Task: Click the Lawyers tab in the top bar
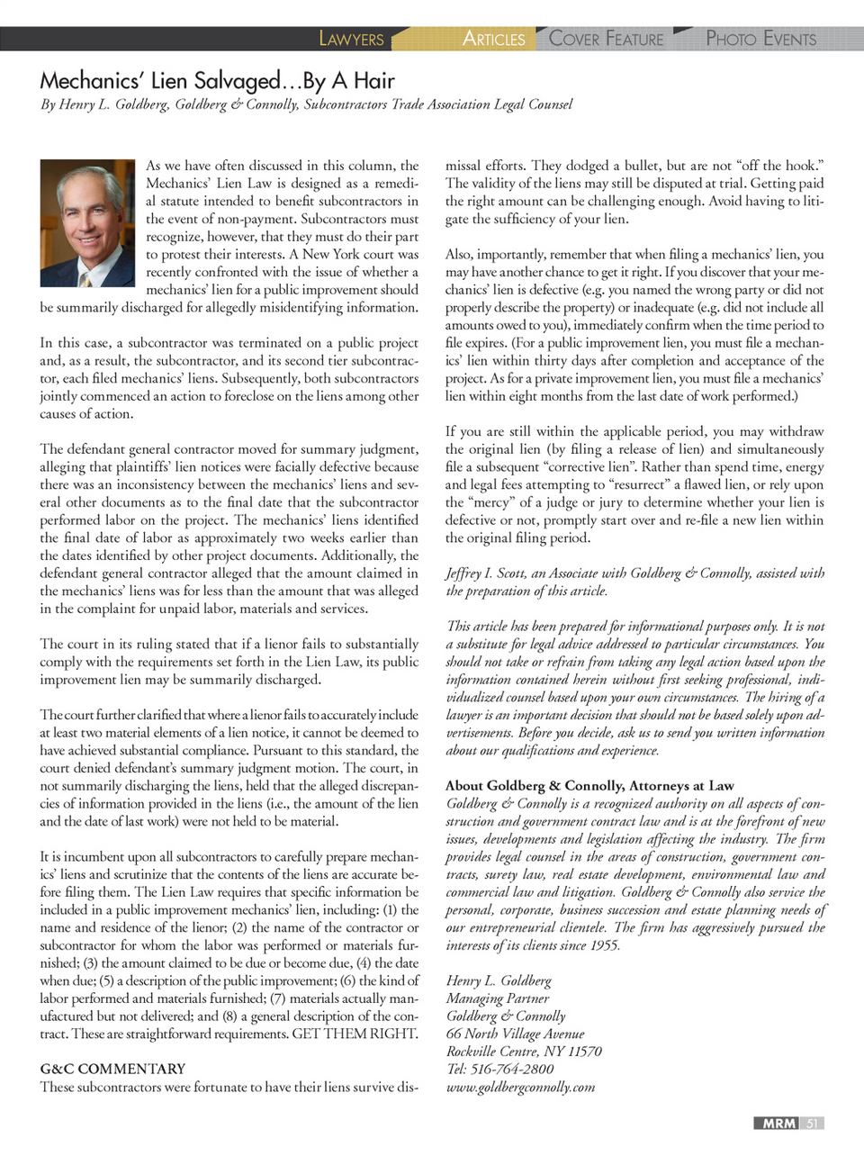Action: point(351,39)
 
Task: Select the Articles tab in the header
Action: point(493,39)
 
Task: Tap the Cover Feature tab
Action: point(606,39)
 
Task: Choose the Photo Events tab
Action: point(760,39)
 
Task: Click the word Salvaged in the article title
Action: point(238,81)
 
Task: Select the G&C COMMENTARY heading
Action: point(112,1069)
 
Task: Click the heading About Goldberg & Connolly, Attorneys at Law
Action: point(589,786)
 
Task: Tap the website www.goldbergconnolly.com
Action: point(520,1087)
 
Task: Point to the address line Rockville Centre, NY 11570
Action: point(524,1052)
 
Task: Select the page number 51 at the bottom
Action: point(812,1123)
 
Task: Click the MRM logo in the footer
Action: point(778,1123)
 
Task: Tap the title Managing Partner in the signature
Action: point(498,998)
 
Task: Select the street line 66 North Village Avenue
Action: point(515,1034)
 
